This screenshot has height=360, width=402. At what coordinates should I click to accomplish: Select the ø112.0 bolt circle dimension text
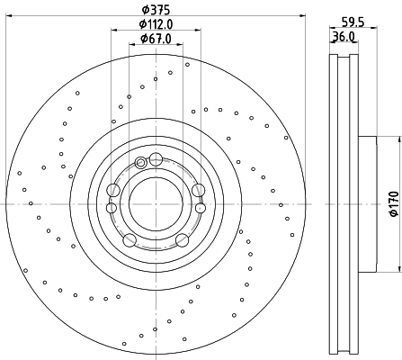[156, 24]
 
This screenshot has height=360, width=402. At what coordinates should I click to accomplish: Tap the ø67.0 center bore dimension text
[156, 38]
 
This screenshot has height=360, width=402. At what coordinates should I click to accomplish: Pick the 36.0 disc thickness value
[343, 37]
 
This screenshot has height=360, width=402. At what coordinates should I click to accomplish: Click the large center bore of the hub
[156, 203]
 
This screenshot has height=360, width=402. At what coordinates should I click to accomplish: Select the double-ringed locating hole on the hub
[141, 163]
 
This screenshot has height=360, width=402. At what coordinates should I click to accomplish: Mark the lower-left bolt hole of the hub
[130, 239]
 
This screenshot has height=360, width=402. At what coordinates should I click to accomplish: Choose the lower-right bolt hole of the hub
[182, 239]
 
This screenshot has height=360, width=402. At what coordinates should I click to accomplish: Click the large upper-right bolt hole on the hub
[198, 190]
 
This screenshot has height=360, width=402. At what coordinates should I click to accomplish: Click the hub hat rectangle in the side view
[370, 203]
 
